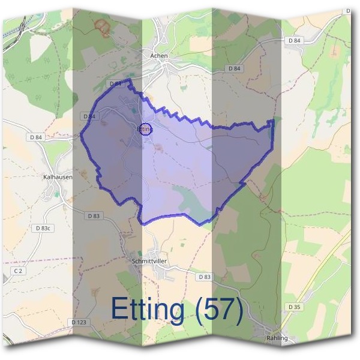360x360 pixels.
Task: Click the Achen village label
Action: tap(160, 55)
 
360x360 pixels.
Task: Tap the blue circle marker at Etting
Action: tap(145, 128)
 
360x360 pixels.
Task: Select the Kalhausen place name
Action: tap(58, 178)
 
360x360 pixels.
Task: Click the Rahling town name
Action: tap(277, 338)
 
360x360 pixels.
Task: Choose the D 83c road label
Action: tap(44, 229)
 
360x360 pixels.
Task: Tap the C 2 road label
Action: tap(18, 272)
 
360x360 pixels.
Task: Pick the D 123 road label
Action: tap(79, 322)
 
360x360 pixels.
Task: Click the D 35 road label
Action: tap(294, 307)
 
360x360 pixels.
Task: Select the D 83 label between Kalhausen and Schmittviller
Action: tap(93, 215)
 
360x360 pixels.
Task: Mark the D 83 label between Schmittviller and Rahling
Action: tap(204, 277)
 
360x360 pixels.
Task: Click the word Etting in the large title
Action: tap(148, 310)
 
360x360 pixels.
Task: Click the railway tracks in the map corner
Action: tap(18, 27)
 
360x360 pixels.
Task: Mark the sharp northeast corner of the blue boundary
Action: tap(273, 121)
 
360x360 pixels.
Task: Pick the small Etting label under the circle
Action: tap(145, 129)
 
